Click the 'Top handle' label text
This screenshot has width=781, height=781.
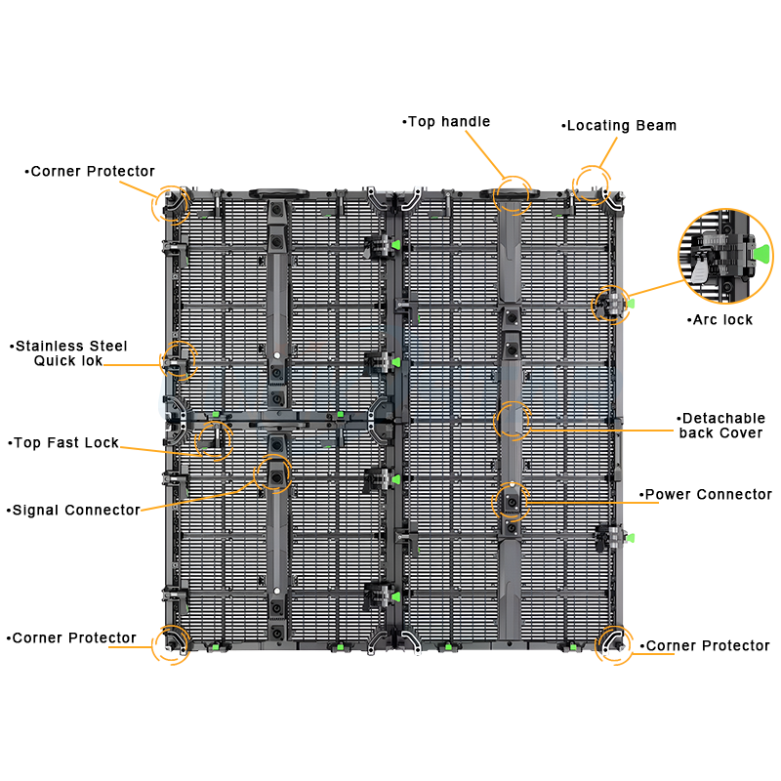[446, 121]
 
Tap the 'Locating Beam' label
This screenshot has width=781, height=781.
[619, 126]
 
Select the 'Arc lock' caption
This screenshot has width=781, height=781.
[719, 320]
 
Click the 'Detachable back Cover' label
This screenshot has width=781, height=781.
[720, 426]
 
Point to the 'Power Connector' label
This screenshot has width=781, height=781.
[705, 494]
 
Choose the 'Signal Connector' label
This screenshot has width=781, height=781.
[73, 510]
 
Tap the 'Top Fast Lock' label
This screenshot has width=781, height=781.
[63, 442]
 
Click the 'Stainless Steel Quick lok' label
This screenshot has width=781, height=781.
[68, 353]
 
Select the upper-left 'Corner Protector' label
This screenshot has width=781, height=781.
[90, 172]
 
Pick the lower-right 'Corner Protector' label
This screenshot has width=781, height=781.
[705, 645]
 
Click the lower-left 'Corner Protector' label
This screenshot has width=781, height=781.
[71, 637]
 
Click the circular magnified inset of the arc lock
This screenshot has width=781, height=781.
[725, 256]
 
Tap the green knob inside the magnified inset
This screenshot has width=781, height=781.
[761, 253]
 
